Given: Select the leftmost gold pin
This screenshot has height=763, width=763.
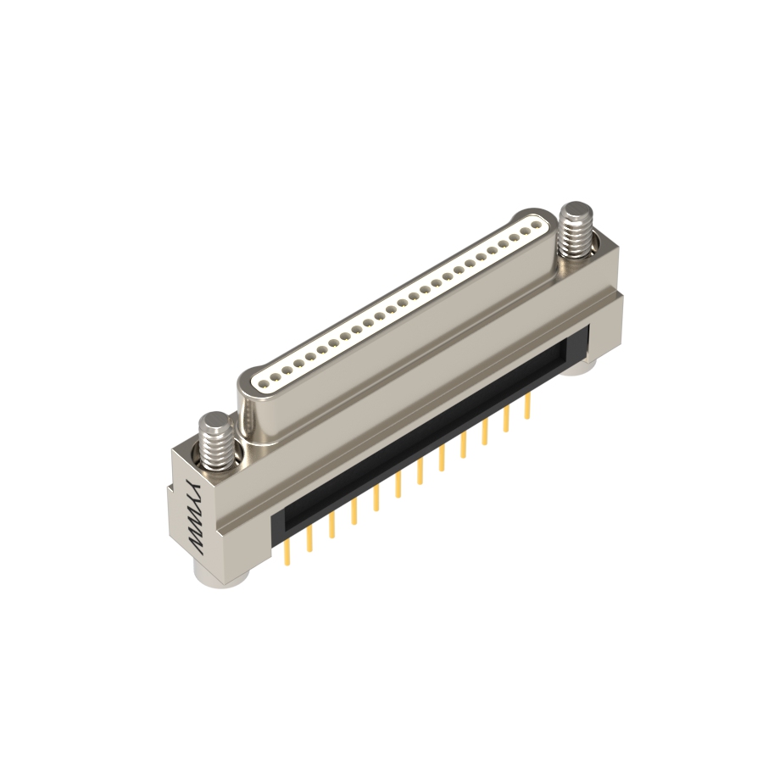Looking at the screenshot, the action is (x=287, y=553).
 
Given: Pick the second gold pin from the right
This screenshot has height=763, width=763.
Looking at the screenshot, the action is (x=506, y=420).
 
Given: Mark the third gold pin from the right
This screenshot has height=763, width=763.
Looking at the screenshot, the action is (x=485, y=432).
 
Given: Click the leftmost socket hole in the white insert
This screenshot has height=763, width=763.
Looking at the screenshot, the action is (x=264, y=383).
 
